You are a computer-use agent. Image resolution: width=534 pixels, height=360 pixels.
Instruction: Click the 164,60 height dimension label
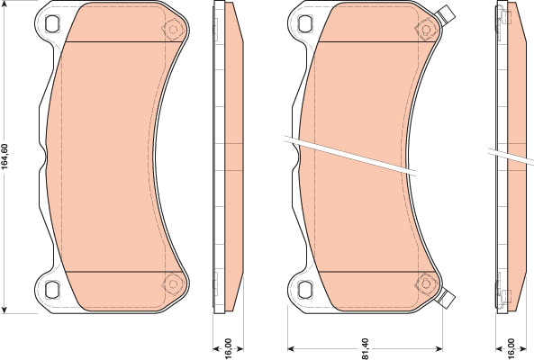coord(5,157)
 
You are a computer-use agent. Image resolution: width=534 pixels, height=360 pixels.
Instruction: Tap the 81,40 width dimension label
coord(365,348)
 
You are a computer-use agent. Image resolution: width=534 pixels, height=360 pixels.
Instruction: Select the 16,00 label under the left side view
coord(228,348)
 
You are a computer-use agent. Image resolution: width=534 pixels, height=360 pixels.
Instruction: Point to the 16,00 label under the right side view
coord(511,348)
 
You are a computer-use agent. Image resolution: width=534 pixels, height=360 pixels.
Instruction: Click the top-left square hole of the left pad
coord(52,24)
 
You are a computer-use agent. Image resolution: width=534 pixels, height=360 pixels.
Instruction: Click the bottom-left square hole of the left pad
coord(52,289)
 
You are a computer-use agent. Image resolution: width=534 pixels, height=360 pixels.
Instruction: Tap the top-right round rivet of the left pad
coord(173,30)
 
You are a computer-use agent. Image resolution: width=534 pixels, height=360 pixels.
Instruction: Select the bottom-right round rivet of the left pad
coord(173,283)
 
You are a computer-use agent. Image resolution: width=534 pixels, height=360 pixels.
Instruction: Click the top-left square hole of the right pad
coord(305,24)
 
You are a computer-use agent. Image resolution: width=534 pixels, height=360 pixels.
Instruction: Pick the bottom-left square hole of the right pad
coord(305,289)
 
